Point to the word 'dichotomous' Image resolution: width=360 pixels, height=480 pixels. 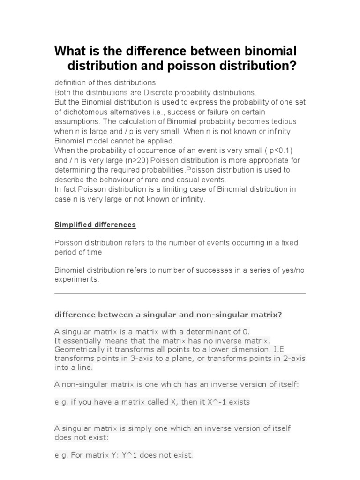[x=82, y=112]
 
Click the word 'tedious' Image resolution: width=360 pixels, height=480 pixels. [x=283, y=121]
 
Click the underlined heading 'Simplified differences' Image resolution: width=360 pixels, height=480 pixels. [x=95, y=225]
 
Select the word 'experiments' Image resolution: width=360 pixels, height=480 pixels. [x=76, y=279]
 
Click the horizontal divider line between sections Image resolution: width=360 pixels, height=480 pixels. [x=180, y=293]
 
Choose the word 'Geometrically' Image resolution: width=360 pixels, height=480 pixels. [x=78, y=350]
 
